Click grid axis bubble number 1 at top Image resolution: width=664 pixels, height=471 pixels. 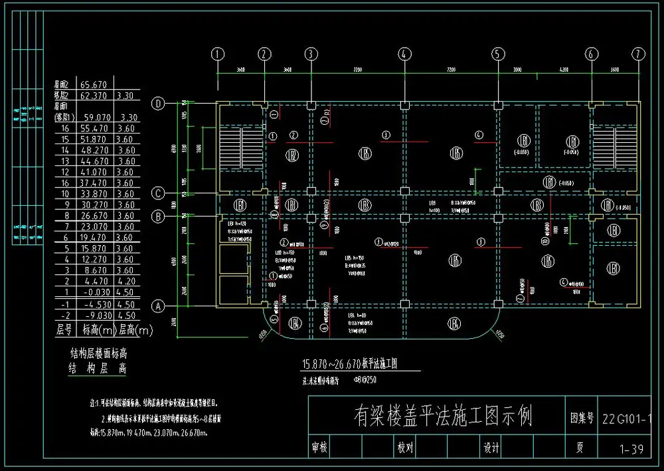point(217,54)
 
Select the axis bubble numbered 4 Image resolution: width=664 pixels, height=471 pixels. point(403,54)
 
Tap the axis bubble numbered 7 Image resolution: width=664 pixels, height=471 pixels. point(638,54)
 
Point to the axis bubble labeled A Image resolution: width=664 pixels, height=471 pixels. point(158,306)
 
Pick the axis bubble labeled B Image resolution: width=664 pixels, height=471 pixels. point(158,216)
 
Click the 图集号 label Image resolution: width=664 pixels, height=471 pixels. point(582,420)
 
